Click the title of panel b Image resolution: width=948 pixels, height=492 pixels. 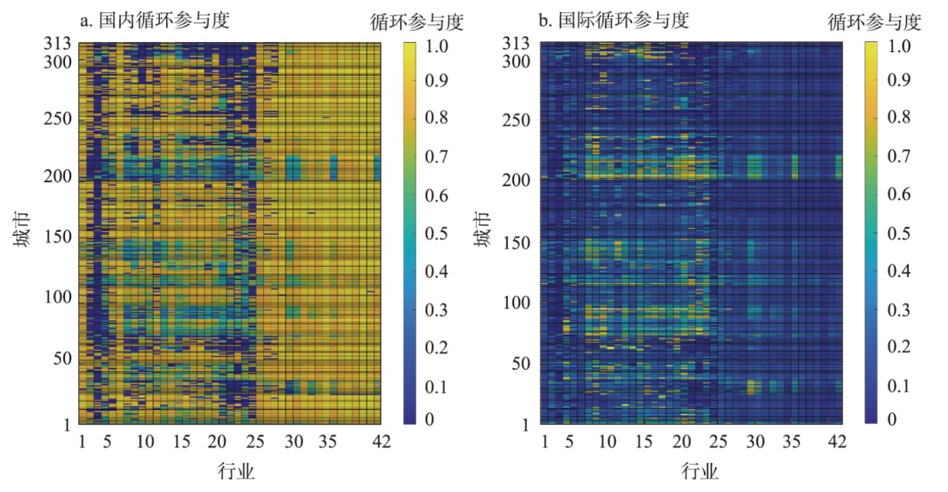(x=614, y=20)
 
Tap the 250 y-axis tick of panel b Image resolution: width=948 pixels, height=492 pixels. (x=520, y=120)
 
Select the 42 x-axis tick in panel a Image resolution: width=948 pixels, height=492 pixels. (x=381, y=441)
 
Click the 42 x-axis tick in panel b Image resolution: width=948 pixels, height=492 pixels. (x=838, y=441)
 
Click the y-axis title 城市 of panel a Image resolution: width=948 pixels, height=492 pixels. (x=21, y=231)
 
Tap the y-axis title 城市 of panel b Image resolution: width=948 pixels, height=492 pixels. (x=482, y=231)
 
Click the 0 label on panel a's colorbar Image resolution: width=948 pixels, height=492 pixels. (x=428, y=419)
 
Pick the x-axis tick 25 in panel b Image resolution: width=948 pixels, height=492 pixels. (x=718, y=441)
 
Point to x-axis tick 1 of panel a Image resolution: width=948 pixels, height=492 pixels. (x=82, y=441)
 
